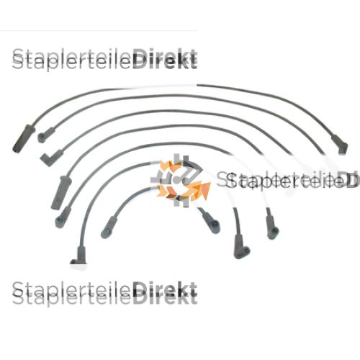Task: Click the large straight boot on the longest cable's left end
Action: [x=24, y=139]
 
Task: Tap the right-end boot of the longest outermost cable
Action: [x=340, y=144]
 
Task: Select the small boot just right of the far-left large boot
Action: [x=46, y=135]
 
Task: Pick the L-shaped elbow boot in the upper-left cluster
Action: [x=51, y=158]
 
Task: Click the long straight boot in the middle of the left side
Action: [x=61, y=192]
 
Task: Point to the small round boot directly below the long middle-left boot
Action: [x=63, y=217]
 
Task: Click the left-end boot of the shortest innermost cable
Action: [x=109, y=228]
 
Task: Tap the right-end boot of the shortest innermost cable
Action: [x=210, y=221]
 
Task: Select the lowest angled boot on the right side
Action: [x=241, y=247]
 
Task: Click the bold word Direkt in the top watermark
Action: [x=165, y=59]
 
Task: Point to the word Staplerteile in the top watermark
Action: [x=72, y=60]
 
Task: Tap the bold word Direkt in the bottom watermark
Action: [x=165, y=293]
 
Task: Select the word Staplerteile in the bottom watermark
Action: [x=72, y=293]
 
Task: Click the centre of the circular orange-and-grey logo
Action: [x=181, y=181]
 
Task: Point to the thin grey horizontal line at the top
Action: [x=99, y=31]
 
